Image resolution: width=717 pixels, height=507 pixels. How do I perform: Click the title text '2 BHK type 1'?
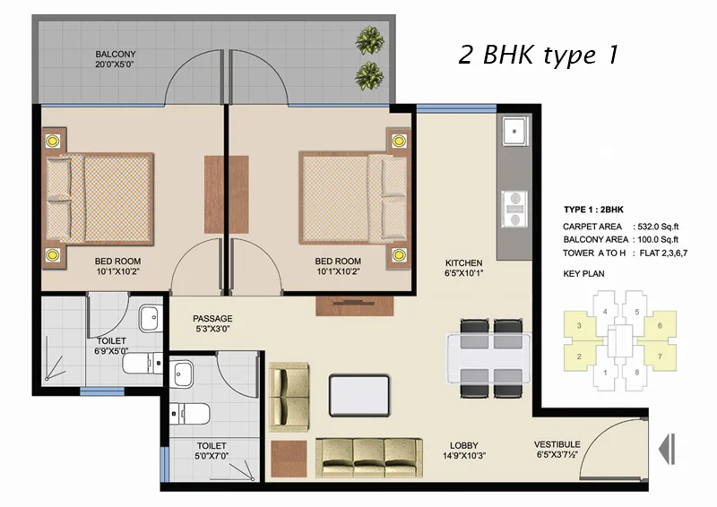(x=538, y=56)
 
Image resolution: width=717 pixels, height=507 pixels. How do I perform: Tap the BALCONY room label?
(x=116, y=55)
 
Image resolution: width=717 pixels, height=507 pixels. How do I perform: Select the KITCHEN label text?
(x=464, y=263)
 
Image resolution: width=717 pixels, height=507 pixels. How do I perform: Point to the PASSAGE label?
(x=212, y=318)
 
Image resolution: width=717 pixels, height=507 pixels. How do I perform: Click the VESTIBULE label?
(x=557, y=444)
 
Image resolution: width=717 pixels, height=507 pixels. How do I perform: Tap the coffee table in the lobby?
(x=360, y=393)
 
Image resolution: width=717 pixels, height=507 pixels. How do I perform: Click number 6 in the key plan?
(x=660, y=326)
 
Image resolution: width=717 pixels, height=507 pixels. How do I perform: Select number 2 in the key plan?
(x=580, y=357)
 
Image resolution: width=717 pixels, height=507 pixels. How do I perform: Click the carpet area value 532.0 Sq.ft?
(x=656, y=227)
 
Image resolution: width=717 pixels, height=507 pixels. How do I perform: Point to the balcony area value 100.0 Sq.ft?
(x=656, y=240)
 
